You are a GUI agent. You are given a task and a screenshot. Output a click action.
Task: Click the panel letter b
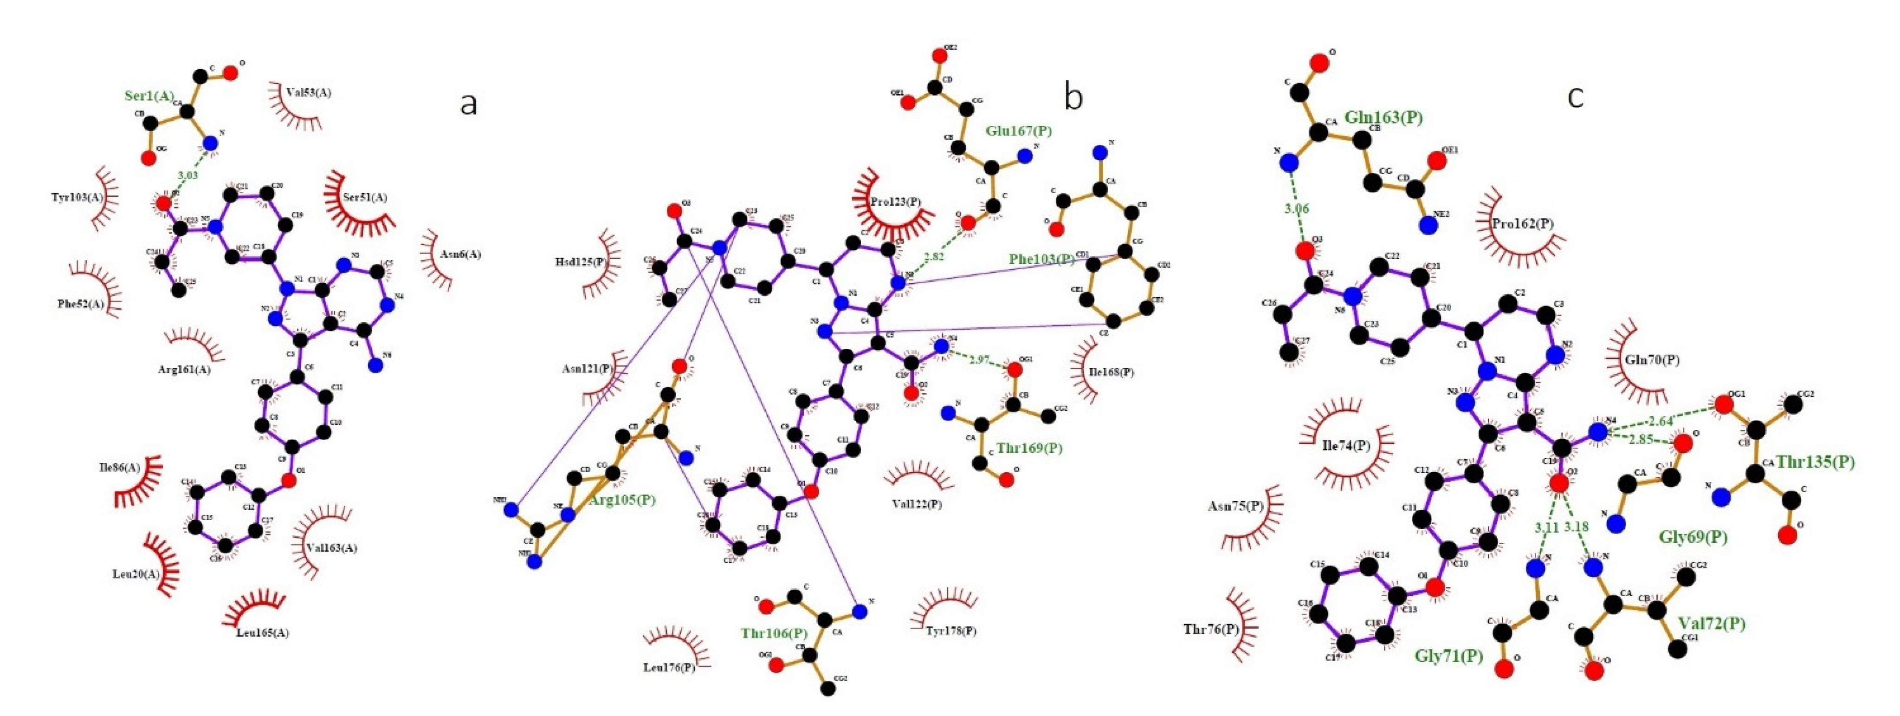[1074, 97]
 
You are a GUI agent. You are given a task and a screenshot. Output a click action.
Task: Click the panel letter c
[1576, 97]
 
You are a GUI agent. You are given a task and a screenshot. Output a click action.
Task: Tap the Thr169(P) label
[1030, 448]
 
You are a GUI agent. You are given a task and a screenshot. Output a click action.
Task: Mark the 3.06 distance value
[1297, 209]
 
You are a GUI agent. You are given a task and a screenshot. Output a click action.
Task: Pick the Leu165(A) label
[263, 632]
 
